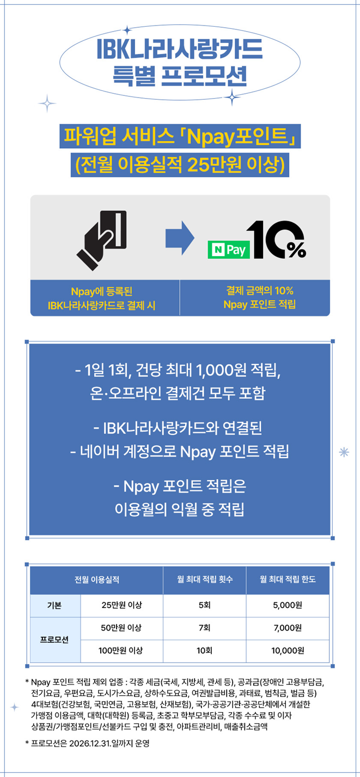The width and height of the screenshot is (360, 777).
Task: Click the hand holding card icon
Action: click(102, 236)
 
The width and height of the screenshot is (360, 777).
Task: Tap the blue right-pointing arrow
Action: click(180, 237)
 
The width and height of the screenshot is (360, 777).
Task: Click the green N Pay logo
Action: click(229, 250)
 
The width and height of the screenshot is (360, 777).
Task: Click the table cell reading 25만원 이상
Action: click(121, 605)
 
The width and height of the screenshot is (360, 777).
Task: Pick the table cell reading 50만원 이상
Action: click(121, 628)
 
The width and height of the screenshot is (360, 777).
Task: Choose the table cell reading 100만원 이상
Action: click(121, 650)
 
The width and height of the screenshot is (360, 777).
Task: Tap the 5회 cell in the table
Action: click(205, 605)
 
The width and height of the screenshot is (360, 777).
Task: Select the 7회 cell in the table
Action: click(205, 628)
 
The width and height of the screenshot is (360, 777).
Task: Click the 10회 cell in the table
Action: click(205, 650)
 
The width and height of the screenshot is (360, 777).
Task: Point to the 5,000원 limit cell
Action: click(288, 605)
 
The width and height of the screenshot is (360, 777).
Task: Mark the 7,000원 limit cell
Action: click(288, 628)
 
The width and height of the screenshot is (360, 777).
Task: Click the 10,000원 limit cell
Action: click(288, 650)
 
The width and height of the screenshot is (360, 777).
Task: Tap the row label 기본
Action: click(54, 605)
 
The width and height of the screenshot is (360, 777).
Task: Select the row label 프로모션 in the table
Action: click(54, 639)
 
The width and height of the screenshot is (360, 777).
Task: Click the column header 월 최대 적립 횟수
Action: click(205, 579)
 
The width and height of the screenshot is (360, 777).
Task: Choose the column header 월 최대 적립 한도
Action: click(288, 579)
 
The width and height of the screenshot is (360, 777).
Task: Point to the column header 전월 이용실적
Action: click(96, 579)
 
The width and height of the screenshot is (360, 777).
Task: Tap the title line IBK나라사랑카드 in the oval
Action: click(179, 50)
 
